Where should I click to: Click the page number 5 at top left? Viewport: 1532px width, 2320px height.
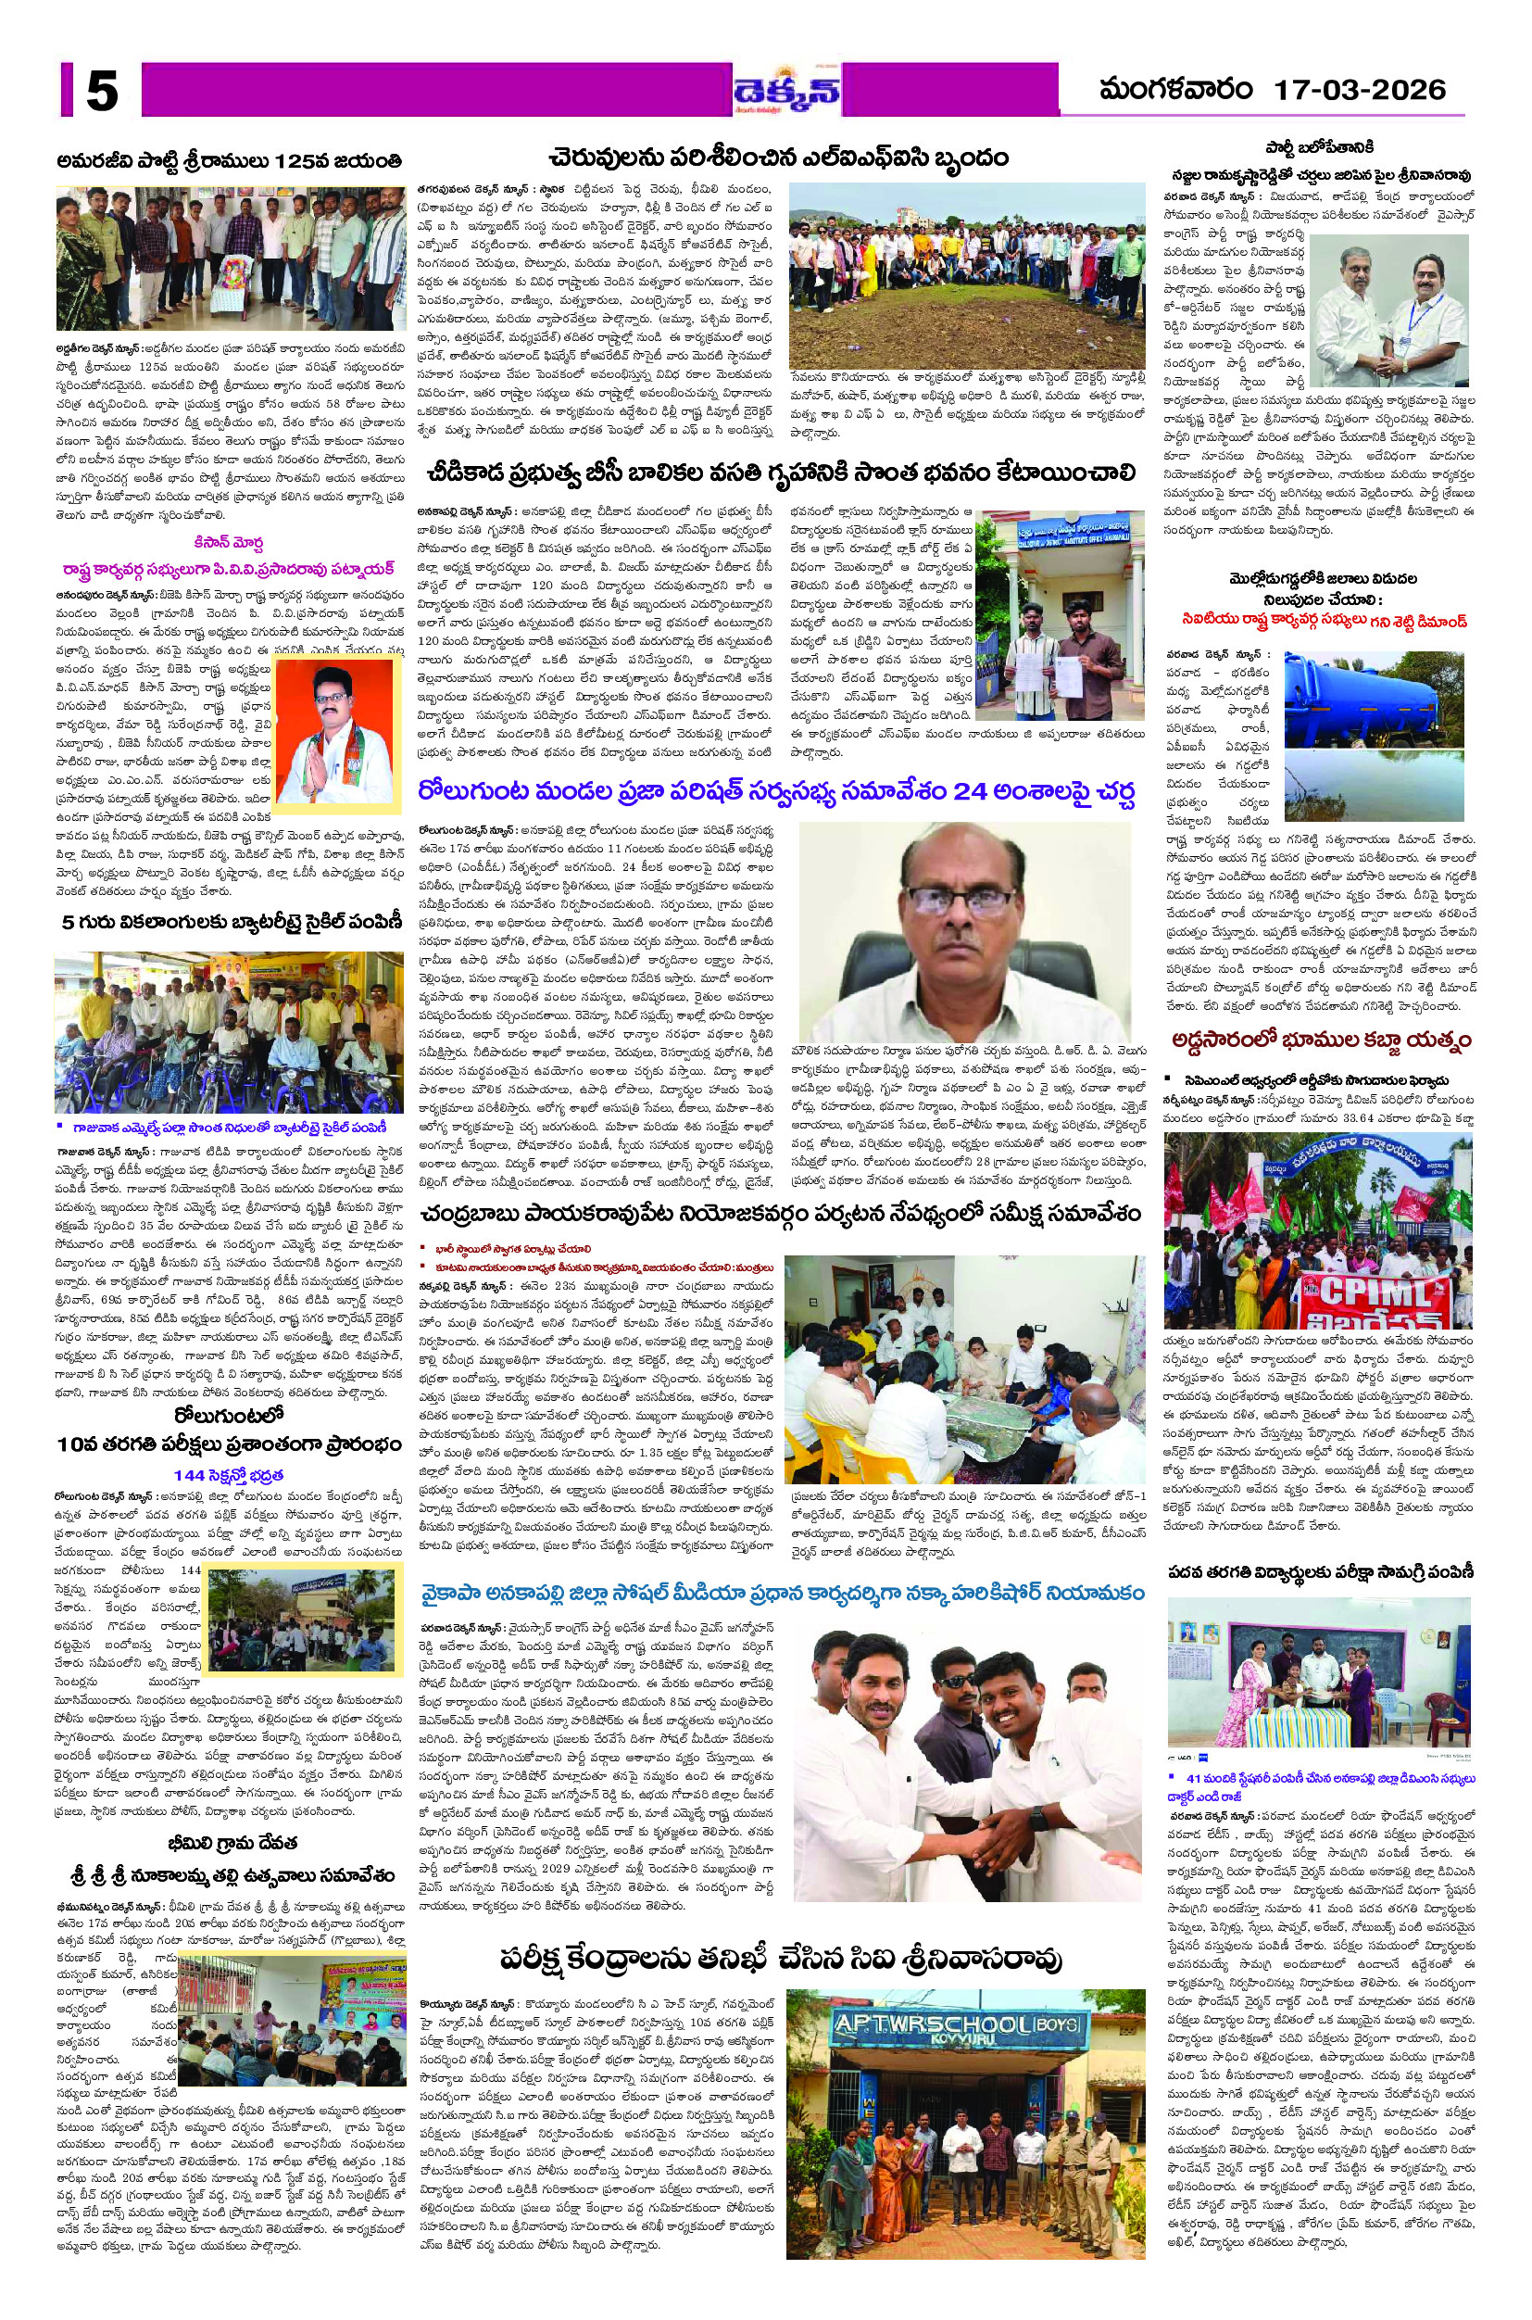102,94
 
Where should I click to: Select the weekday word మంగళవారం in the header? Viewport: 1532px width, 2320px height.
1175,91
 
